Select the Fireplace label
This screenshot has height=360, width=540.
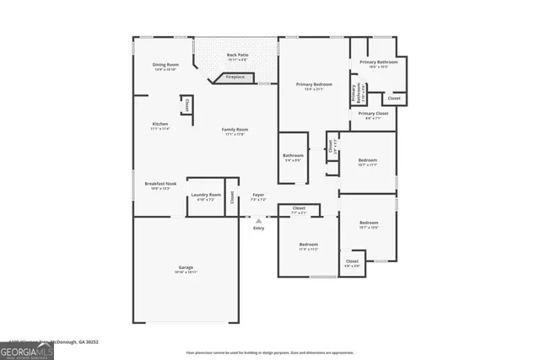tap(235, 77)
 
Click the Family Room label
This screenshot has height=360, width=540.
tap(235, 131)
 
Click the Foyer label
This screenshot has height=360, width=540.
tap(258, 197)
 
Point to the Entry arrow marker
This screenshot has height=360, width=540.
tap(258, 222)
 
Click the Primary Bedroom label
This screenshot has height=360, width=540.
tap(313, 86)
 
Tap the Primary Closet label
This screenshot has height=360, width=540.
tap(372, 116)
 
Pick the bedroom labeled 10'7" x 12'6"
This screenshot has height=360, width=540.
tap(369, 224)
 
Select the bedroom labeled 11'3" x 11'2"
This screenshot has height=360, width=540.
tap(308, 247)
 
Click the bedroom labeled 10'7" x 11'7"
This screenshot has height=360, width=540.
tap(367, 162)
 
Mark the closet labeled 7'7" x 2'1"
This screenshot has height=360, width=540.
tap(299, 210)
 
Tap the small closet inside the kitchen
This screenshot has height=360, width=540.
tap(186, 105)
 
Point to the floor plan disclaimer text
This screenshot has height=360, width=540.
tap(270, 352)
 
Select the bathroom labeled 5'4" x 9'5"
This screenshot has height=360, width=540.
tap(293, 157)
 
